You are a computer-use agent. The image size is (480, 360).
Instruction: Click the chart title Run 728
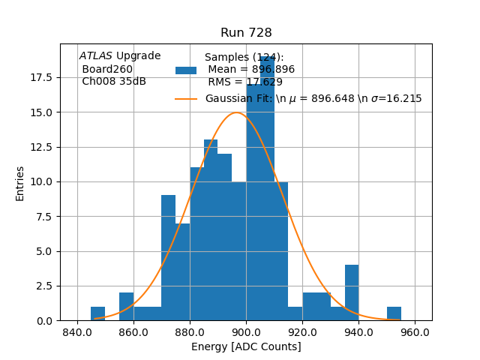pos(246,33)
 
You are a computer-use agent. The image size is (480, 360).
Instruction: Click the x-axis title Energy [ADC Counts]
pos(246,346)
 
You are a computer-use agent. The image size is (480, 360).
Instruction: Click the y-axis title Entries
pos(20,183)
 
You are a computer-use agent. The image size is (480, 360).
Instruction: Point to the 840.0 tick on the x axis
pos(77,331)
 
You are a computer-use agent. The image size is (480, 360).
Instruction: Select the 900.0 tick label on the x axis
pos(246,331)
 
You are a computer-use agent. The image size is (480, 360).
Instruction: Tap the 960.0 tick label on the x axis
pos(415,331)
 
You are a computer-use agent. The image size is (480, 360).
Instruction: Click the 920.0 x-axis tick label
pos(302,331)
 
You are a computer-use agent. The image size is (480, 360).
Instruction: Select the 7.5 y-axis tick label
pos(43,216)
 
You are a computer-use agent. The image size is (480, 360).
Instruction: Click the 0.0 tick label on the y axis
pos(43,321)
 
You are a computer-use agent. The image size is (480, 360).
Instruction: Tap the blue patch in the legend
pos(186,70)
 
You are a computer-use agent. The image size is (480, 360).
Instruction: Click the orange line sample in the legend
pos(186,99)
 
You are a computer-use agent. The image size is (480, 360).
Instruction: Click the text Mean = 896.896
pos(251,70)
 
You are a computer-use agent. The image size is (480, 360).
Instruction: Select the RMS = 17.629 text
pos(245,82)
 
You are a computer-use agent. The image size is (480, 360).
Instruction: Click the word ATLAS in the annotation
pos(95,56)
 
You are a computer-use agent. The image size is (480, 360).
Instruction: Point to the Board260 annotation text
pos(107,69)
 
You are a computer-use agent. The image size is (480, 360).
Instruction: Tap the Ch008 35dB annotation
pos(114,82)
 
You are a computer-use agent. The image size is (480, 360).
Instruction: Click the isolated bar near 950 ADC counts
pos(394,313)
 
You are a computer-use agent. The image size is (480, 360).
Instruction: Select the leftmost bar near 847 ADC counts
pos(97,313)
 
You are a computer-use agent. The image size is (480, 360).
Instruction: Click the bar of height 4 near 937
pos(352,292)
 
